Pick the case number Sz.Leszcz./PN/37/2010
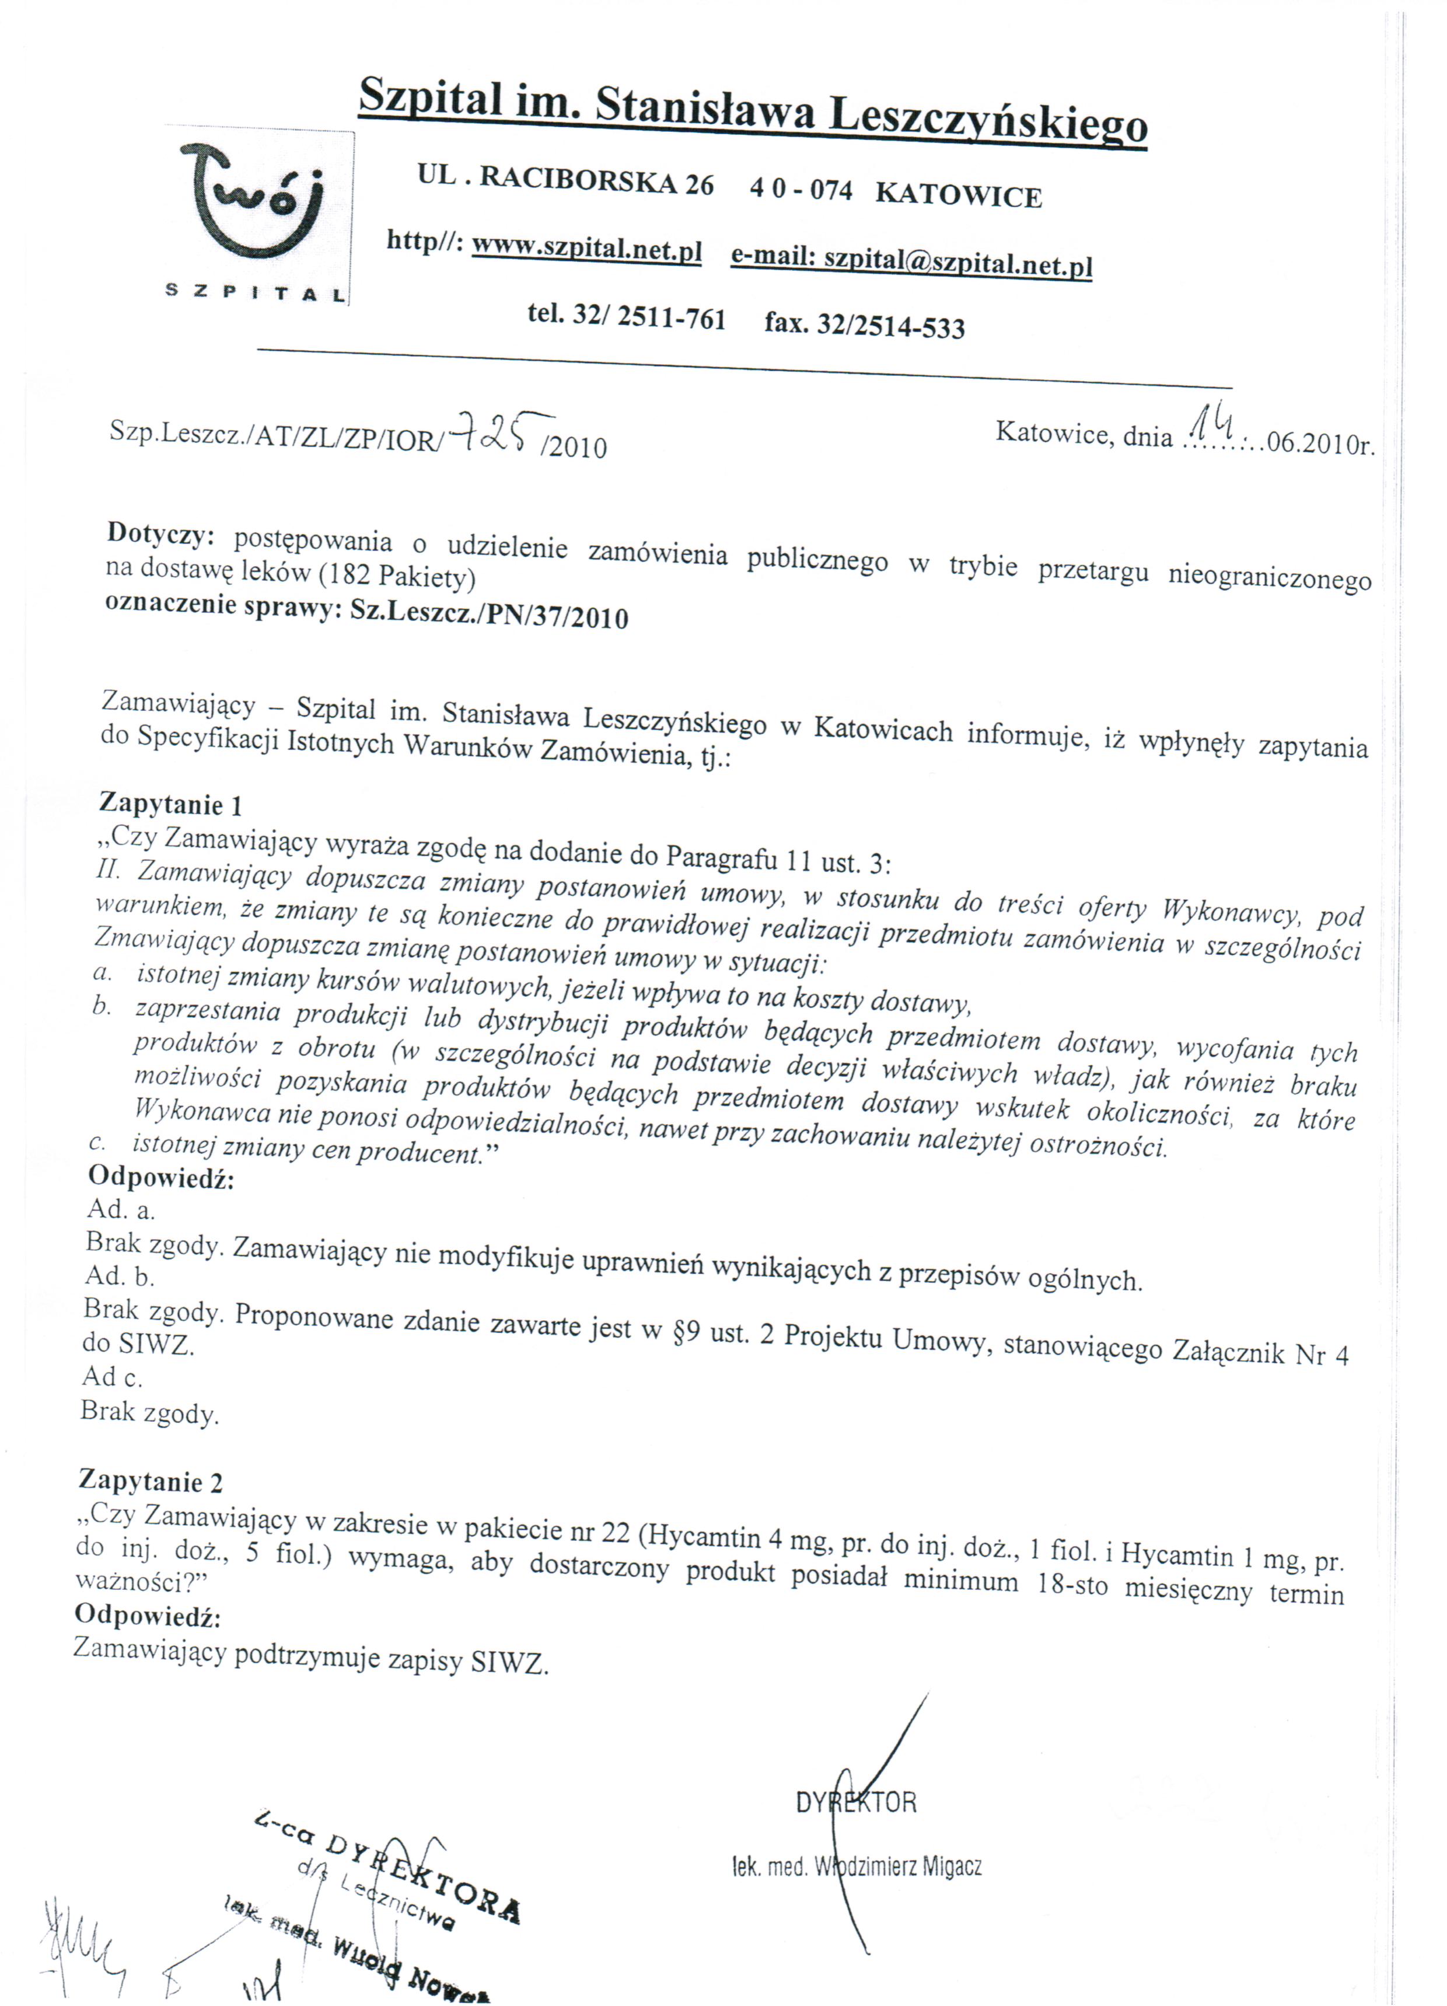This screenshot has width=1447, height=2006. [x=489, y=615]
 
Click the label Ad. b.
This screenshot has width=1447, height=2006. [x=120, y=1275]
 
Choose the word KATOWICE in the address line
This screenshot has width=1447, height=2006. [x=959, y=194]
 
